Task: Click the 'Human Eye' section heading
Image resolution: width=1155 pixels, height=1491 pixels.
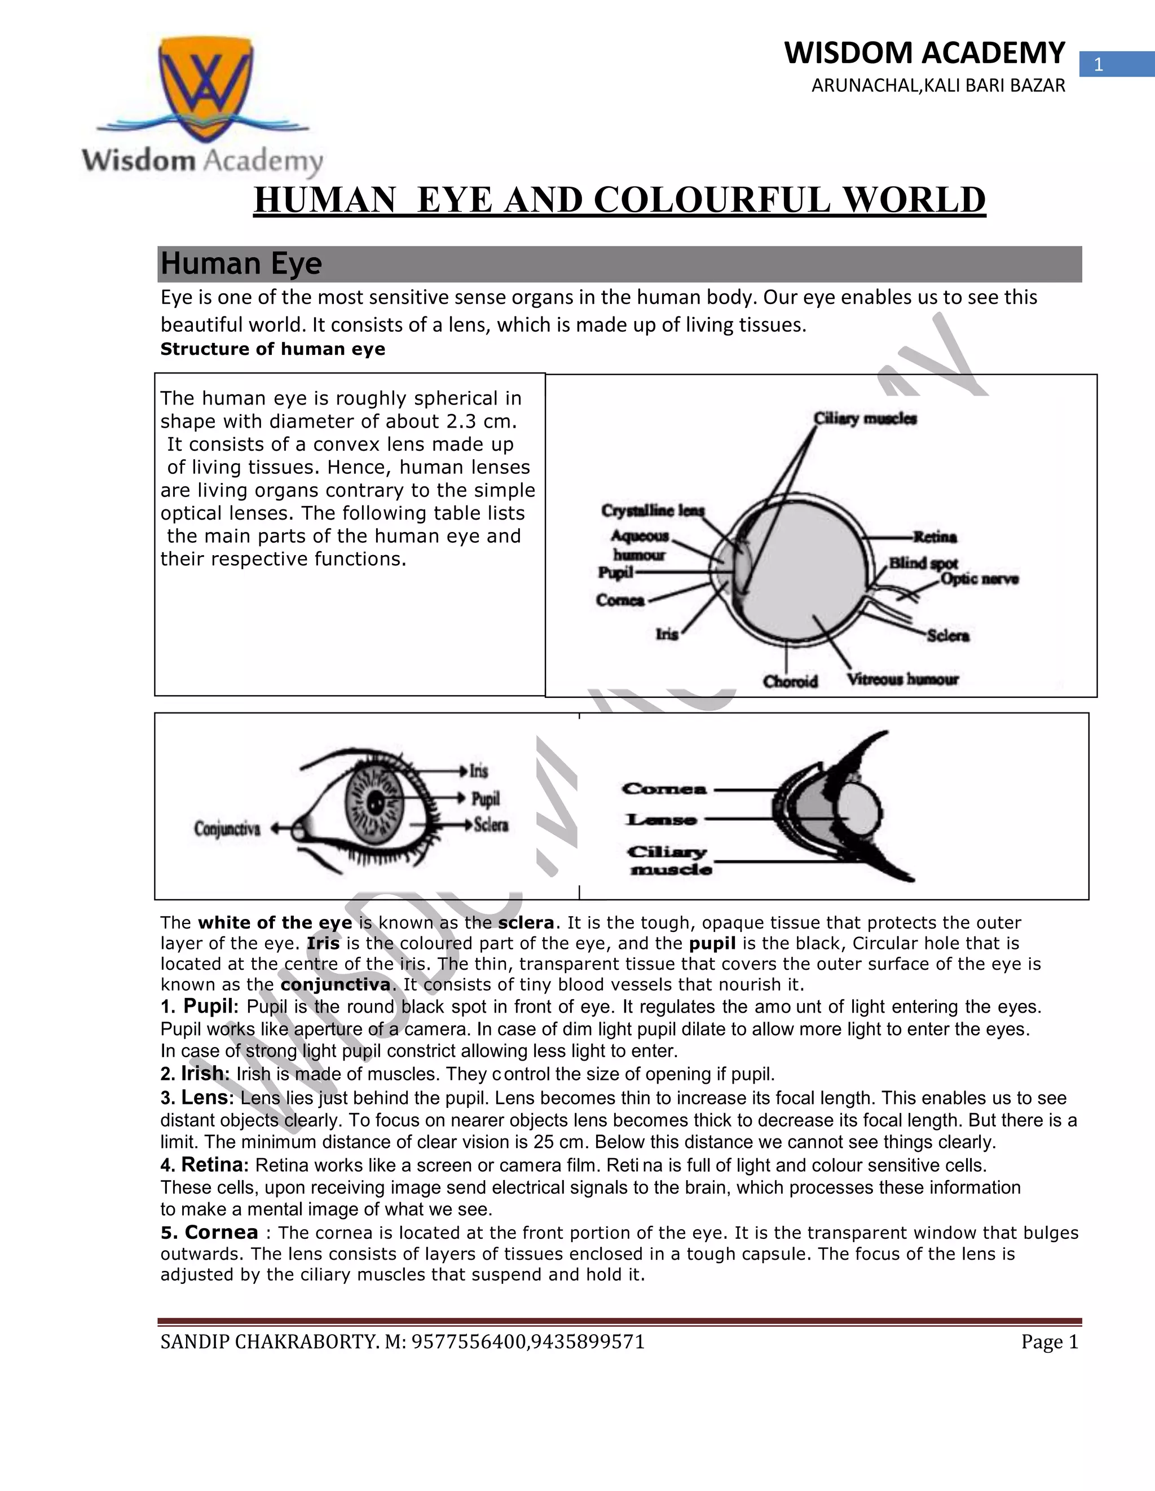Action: click(x=241, y=263)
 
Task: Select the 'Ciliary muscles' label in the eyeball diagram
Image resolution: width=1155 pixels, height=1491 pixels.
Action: click(x=865, y=419)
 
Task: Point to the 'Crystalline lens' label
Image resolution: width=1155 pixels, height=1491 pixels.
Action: click(x=653, y=511)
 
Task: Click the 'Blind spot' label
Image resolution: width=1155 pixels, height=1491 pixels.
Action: click(x=923, y=563)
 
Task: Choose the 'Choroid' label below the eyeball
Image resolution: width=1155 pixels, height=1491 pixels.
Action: click(x=790, y=681)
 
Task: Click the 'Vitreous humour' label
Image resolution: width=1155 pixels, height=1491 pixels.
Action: click(x=902, y=679)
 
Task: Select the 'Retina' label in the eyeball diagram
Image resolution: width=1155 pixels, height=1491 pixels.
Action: click(x=935, y=537)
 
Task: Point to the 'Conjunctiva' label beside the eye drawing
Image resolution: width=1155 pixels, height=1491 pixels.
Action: click(x=227, y=829)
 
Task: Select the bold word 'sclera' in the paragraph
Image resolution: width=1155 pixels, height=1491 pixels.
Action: click(x=526, y=923)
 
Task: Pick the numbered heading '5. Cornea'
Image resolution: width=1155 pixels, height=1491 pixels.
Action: click(x=210, y=1232)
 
